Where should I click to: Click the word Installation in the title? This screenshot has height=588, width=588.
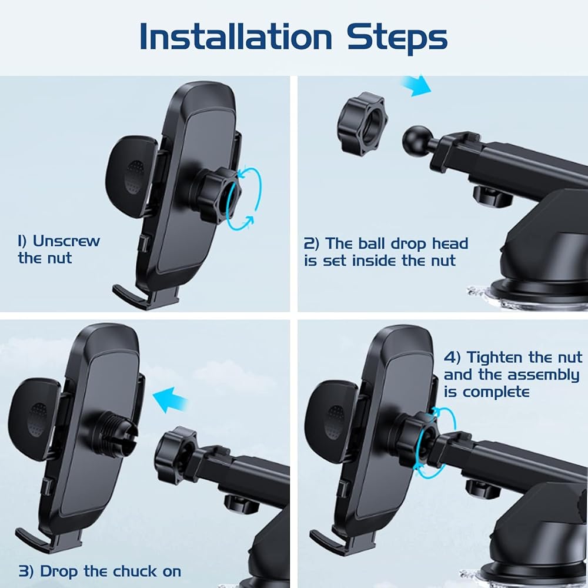point(236,36)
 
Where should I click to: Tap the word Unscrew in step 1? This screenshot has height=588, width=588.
point(66,241)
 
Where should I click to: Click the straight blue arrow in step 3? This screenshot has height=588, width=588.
point(171,400)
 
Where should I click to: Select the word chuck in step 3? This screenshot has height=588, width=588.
point(135,572)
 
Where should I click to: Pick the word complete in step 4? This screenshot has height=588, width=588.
point(496,393)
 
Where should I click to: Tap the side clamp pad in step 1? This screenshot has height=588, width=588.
point(131,176)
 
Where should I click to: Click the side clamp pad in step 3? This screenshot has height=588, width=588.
point(34,419)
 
